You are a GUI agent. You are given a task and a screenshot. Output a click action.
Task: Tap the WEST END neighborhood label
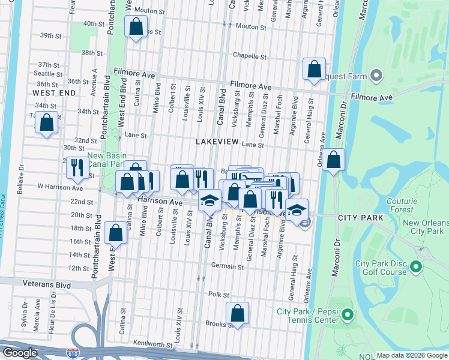click(x=54, y=94)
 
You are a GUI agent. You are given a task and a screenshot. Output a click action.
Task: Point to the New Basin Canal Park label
click(x=105, y=159)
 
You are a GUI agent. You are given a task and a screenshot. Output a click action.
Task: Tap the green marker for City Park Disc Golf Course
click(x=415, y=265)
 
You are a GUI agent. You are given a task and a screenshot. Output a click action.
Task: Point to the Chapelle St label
click(x=250, y=57)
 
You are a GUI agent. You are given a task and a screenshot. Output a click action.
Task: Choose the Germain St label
click(x=227, y=265)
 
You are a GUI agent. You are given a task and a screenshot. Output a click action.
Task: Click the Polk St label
click(x=219, y=295)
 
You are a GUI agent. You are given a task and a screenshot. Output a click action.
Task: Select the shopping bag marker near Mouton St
click(x=136, y=26)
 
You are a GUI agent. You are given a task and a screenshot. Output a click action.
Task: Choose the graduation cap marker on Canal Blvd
click(x=210, y=200)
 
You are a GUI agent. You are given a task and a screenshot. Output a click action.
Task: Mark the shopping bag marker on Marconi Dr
click(x=334, y=160)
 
